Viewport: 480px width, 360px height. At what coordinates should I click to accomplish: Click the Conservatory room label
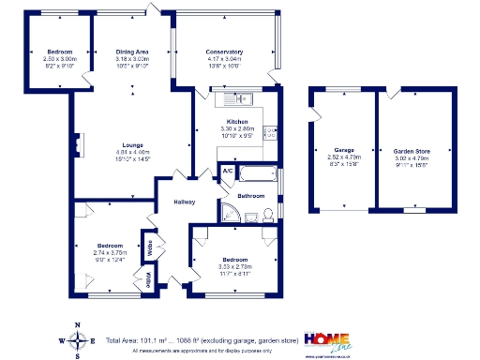coord(225,52)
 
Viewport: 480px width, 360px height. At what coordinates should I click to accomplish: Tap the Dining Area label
coord(132,52)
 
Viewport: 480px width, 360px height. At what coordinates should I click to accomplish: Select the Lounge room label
coord(131,144)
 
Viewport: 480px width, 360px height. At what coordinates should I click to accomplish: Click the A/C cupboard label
coord(226,171)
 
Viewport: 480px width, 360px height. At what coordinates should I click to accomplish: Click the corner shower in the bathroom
coord(230,214)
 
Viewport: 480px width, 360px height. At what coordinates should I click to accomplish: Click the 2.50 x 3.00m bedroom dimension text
coord(60,58)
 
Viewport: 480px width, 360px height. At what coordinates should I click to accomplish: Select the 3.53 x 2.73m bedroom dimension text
coord(235,266)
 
